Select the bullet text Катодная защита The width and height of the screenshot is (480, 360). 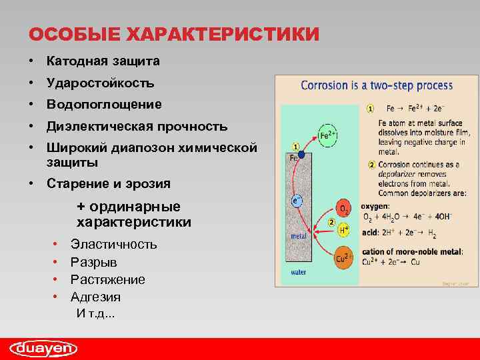(x=103, y=61)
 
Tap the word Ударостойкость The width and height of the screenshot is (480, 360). (x=100, y=83)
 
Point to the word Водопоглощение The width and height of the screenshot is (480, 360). (x=104, y=105)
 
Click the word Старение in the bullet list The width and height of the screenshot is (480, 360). (x=74, y=183)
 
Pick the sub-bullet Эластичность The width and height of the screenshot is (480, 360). (x=114, y=245)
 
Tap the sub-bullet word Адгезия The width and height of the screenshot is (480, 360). (x=95, y=297)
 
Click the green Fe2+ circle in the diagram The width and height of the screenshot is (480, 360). (x=327, y=135)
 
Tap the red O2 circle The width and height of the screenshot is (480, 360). (x=344, y=209)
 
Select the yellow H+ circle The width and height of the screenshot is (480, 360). (x=344, y=230)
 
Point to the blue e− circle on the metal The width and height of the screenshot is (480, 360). (x=297, y=199)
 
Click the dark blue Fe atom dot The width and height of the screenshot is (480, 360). (x=301, y=155)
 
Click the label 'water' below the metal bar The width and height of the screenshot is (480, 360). (x=299, y=272)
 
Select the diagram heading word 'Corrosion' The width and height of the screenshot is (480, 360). (x=324, y=85)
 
